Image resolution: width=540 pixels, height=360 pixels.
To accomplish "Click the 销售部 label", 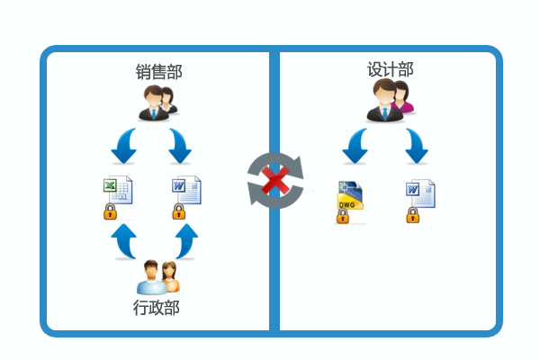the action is pos(158,72).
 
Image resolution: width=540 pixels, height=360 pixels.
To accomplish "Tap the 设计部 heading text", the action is pos(391,69).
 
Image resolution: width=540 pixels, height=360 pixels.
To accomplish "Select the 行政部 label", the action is pos(157,307).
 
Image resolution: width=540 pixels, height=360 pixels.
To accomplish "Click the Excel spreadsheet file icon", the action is pos(118,190).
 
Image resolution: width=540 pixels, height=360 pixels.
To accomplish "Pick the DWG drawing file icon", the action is pos(350,194).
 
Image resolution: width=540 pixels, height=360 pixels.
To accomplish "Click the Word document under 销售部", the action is pos(186,190).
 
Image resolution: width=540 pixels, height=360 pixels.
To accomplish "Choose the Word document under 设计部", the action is pos(420,193).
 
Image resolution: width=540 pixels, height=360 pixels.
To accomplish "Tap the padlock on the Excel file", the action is pos(110,211).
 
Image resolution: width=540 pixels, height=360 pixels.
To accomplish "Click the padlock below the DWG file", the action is pos(342,216).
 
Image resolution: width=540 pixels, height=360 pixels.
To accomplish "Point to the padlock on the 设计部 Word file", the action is pos(412,215).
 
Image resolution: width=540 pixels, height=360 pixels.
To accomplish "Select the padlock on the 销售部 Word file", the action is pos(179,211).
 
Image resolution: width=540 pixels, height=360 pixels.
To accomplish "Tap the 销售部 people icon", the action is pos(157,103).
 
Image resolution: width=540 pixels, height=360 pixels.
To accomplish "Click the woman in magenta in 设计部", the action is pos(402,97).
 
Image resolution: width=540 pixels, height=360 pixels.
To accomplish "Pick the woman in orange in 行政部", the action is pos(170,276).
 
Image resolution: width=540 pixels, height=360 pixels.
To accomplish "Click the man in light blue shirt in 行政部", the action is pos(151,278).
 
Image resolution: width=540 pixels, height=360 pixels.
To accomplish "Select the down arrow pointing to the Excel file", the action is pos(124,146).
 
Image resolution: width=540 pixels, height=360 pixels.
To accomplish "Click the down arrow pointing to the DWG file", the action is pos(355,146).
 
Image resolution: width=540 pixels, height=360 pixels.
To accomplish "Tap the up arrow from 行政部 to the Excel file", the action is pos(124,241).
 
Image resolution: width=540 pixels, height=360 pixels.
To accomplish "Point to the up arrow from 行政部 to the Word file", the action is pos(186,241).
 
